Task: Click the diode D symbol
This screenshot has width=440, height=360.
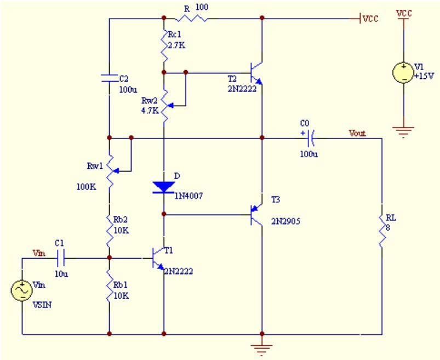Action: (164, 187)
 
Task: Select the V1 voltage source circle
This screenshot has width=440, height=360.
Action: (403, 73)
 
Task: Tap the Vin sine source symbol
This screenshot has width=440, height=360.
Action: (22, 290)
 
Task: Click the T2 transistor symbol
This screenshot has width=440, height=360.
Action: (256, 73)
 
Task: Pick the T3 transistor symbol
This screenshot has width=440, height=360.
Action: (256, 215)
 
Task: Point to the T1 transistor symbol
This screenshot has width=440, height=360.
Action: (158, 258)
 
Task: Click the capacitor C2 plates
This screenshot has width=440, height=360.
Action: (109, 78)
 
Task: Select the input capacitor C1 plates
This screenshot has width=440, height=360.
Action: (61, 258)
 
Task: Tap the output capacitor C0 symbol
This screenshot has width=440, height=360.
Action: (311, 138)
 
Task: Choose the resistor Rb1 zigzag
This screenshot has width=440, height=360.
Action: (110, 290)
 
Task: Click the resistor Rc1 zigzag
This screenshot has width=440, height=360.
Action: (164, 45)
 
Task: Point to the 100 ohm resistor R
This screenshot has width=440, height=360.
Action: (192, 18)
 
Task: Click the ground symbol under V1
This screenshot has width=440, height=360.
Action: (403, 132)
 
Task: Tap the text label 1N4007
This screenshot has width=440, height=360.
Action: (188, 196)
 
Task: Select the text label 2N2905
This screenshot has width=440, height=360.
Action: (285, 221)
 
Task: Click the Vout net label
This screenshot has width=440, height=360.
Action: (357, 133)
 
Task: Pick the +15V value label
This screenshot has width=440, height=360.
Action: (424, 76)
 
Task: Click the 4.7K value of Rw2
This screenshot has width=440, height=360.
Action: (150, 111)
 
